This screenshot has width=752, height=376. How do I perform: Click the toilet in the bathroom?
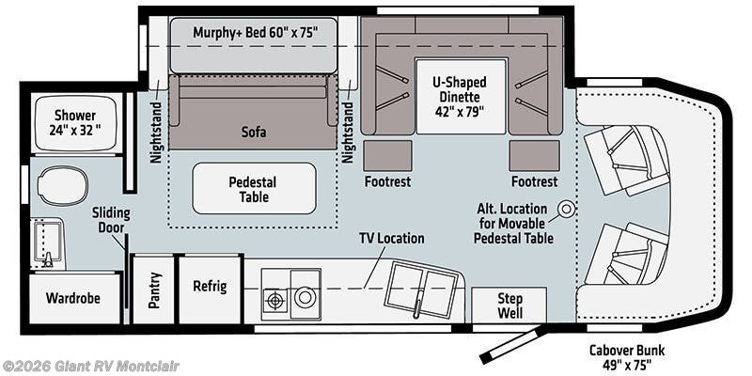click(x=62, y=185)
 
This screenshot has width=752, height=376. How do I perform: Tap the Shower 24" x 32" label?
click(x=75, y=123)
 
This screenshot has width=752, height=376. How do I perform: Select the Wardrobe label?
click(x=73, y=298)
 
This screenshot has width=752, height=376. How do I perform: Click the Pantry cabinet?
click(x=153, y=290)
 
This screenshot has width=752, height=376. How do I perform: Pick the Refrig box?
click(x=210, y=290)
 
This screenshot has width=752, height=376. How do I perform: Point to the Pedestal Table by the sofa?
click(x=254, y=188)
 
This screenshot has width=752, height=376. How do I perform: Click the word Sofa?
click(x=254, y=132)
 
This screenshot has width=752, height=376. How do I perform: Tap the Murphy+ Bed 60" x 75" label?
click(x=256, y=33)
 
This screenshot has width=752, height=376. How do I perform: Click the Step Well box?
click(x=509, y=305)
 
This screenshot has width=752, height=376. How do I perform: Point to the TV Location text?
click(x=392, y=239)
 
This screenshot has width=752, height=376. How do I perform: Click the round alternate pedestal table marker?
click(x=567, y=209)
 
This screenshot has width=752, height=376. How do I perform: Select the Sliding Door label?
click(x=111, y=220)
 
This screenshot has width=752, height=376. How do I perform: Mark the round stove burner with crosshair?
click(x=274, y=301)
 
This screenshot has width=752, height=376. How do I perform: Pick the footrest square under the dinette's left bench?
click(x=387, y=155)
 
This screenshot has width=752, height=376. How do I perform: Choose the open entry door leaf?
click(x=511, y=345)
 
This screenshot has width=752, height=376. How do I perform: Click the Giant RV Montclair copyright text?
click(x=89, y=367)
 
